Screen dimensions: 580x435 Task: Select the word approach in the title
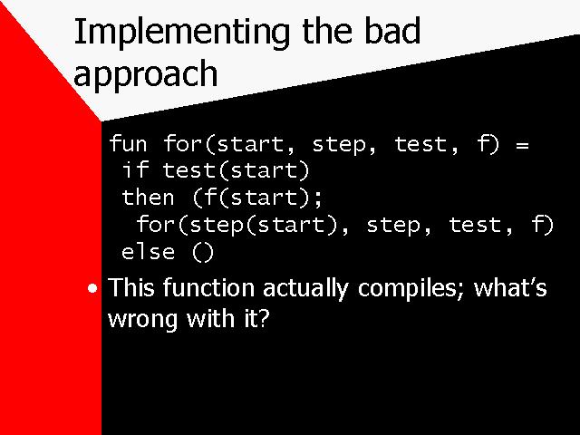(x=146, y=74)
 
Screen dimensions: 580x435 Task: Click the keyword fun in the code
(x=128, y=143)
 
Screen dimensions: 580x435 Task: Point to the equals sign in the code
(x=522, y=145)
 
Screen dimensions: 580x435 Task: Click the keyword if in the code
(x=136, y=170)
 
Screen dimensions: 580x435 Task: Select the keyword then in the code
(x=148, y=198)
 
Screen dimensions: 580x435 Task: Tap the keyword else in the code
(x=148, y=252)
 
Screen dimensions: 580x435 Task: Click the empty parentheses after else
(x=203, y=253)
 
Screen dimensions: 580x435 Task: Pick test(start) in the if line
(x=236, y=171)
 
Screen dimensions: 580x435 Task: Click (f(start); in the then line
(x=257, y=198)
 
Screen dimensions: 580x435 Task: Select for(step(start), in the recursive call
(x=243, y=226)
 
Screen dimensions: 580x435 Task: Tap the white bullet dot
(x=92, y=288)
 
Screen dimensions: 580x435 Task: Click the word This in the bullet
(x=130, y=287)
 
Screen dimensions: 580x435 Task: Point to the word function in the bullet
(x=208, y=287)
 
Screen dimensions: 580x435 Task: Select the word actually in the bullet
(x=306, y=288)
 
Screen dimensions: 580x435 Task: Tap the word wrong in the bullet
(x=143, y=319)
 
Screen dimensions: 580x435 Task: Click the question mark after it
(x=263, y=318)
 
